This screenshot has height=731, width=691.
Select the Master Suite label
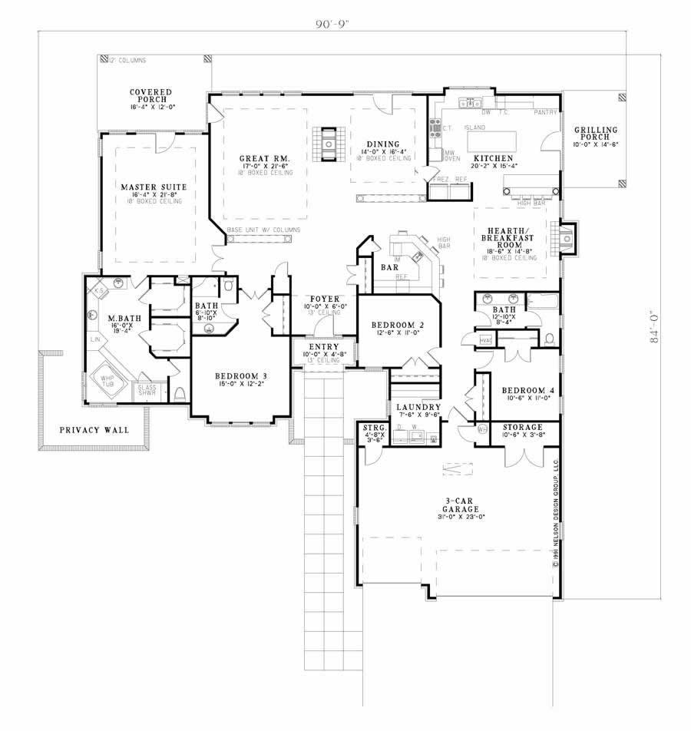pyautogui.click(x=150, y=187)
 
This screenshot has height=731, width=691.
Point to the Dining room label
pyautogui.click(x=382, y=144)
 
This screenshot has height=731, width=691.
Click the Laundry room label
pyautogui.click(x=418, y=407)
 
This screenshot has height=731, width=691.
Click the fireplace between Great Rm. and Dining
pyautogui.click(x=329, y=142)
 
